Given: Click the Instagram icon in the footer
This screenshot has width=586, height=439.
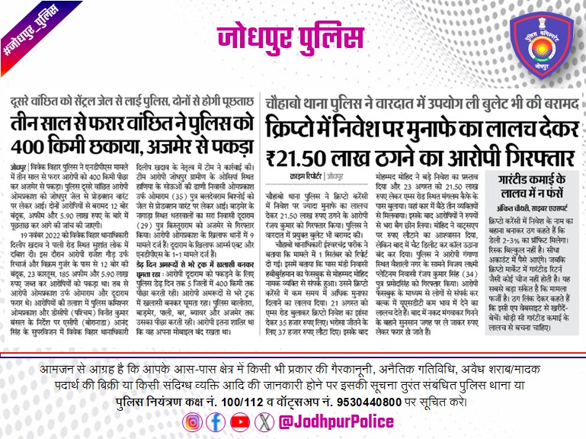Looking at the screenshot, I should pyautogui.click(x=194, y=421).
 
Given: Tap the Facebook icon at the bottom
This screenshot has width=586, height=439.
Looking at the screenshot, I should pyautogui.click(x=217, y=421).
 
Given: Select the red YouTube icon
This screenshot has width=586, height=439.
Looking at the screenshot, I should pyautogui.click(x=240, y=421).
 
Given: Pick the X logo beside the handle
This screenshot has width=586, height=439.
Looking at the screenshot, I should pyautogui.click(x=263, y=421).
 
